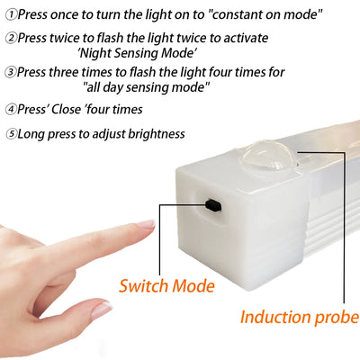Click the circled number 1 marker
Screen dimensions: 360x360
point(10,15)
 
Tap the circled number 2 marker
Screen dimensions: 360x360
point(10,39)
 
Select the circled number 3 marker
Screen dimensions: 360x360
point(10,70)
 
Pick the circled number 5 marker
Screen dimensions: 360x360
point(10,134)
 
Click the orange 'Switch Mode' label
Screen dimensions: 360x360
point(166,286)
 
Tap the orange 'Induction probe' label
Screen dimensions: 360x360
point(299,317)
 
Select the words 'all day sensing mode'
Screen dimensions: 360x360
point(146,87)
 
